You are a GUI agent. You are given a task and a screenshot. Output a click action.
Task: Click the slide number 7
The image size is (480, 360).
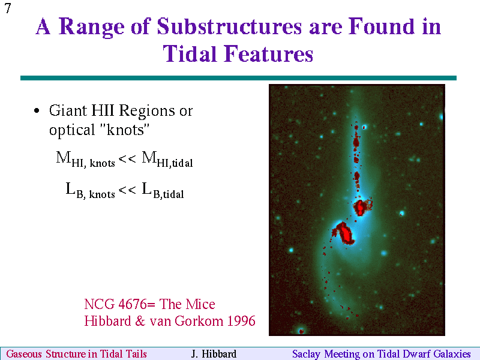(x=8, y=8)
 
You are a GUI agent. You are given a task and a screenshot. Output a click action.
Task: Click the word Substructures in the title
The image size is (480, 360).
(x=230, y=26)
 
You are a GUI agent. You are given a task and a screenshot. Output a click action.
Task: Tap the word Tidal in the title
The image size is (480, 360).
(x=193, y=53)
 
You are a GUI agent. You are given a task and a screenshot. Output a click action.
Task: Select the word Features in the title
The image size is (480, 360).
(x=269, y=53)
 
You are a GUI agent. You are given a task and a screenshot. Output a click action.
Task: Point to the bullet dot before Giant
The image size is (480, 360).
(x=37, y=110)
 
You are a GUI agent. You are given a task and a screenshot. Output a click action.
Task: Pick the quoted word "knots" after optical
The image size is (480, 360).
(x=125, y=130)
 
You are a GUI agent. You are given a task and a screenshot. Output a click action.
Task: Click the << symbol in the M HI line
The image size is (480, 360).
(x=127, y=158)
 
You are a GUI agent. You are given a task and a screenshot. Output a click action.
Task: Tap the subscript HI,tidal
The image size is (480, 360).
(x=175, y=163)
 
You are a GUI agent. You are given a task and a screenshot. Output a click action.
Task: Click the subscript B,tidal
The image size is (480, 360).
(x=169, y=194)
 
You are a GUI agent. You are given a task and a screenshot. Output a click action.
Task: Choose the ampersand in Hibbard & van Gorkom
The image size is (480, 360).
(x=140, y=321)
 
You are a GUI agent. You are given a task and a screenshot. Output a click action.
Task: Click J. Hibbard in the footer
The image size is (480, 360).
(x=214, y=353)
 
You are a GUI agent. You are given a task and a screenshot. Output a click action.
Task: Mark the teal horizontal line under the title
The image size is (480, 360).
(x=238, y=78)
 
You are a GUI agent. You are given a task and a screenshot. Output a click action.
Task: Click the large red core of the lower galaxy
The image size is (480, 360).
(x=344, y=233)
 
